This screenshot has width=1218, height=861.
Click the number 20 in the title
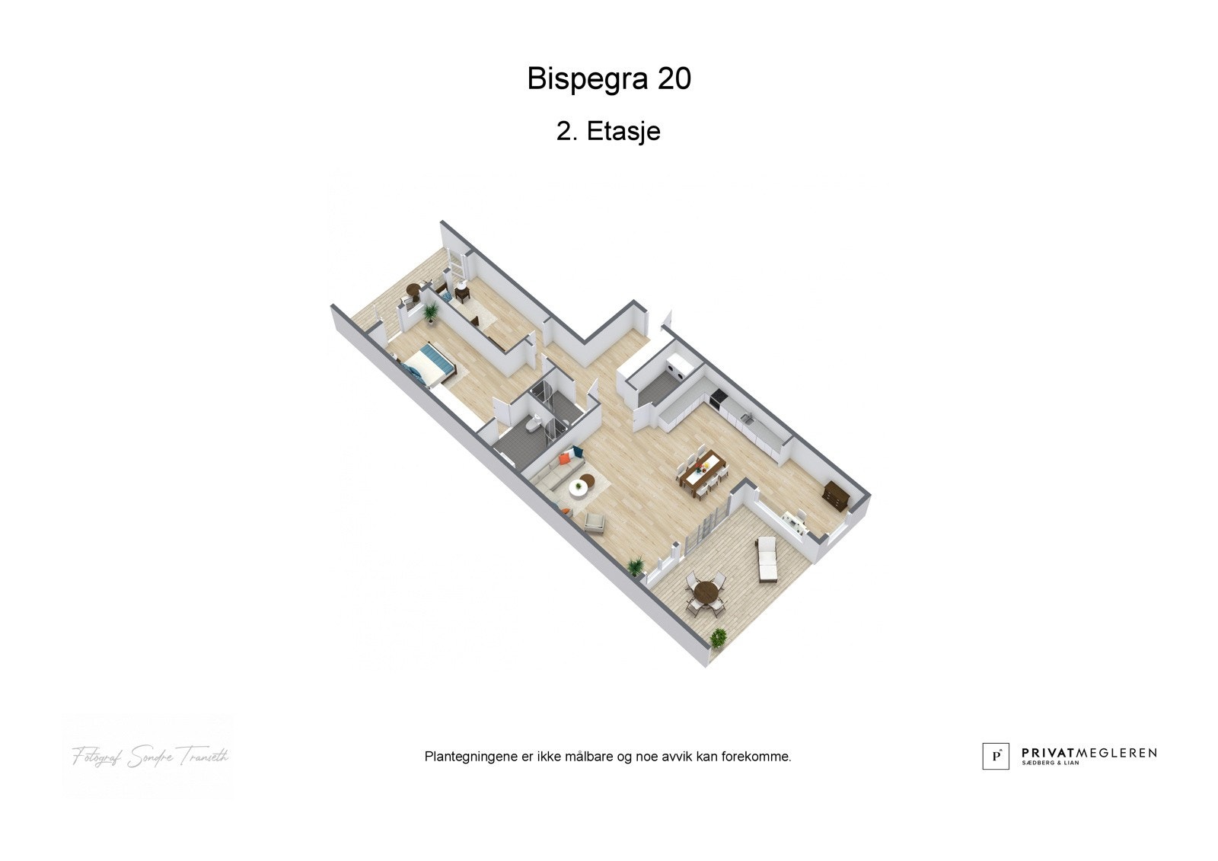point(674,79)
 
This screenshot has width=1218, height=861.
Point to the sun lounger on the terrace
point(767,560)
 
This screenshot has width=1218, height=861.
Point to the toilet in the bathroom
point(536,423)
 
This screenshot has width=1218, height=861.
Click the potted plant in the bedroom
point(431,311)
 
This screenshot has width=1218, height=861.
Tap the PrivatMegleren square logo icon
point(995,756)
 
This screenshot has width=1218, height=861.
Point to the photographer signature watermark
point(150,756)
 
